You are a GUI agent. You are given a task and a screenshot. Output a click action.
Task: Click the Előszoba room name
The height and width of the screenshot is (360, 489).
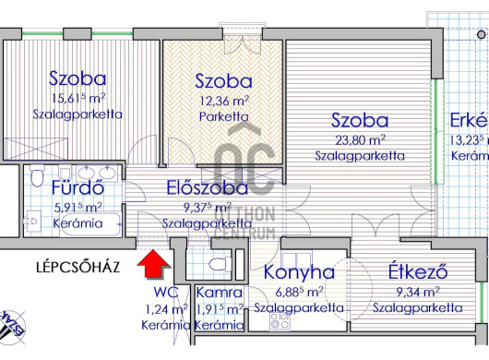tap(207, 188)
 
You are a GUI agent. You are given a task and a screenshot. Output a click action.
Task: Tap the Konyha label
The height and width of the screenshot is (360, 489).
tap(299, 272)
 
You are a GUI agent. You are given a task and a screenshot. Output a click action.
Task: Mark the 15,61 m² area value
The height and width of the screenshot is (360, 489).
tap(78, 98)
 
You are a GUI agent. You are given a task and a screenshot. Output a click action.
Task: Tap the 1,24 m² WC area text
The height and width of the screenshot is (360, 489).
tap(167, 309)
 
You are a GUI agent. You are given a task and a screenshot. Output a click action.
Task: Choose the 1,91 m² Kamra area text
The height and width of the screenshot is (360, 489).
tap(220, 309)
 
